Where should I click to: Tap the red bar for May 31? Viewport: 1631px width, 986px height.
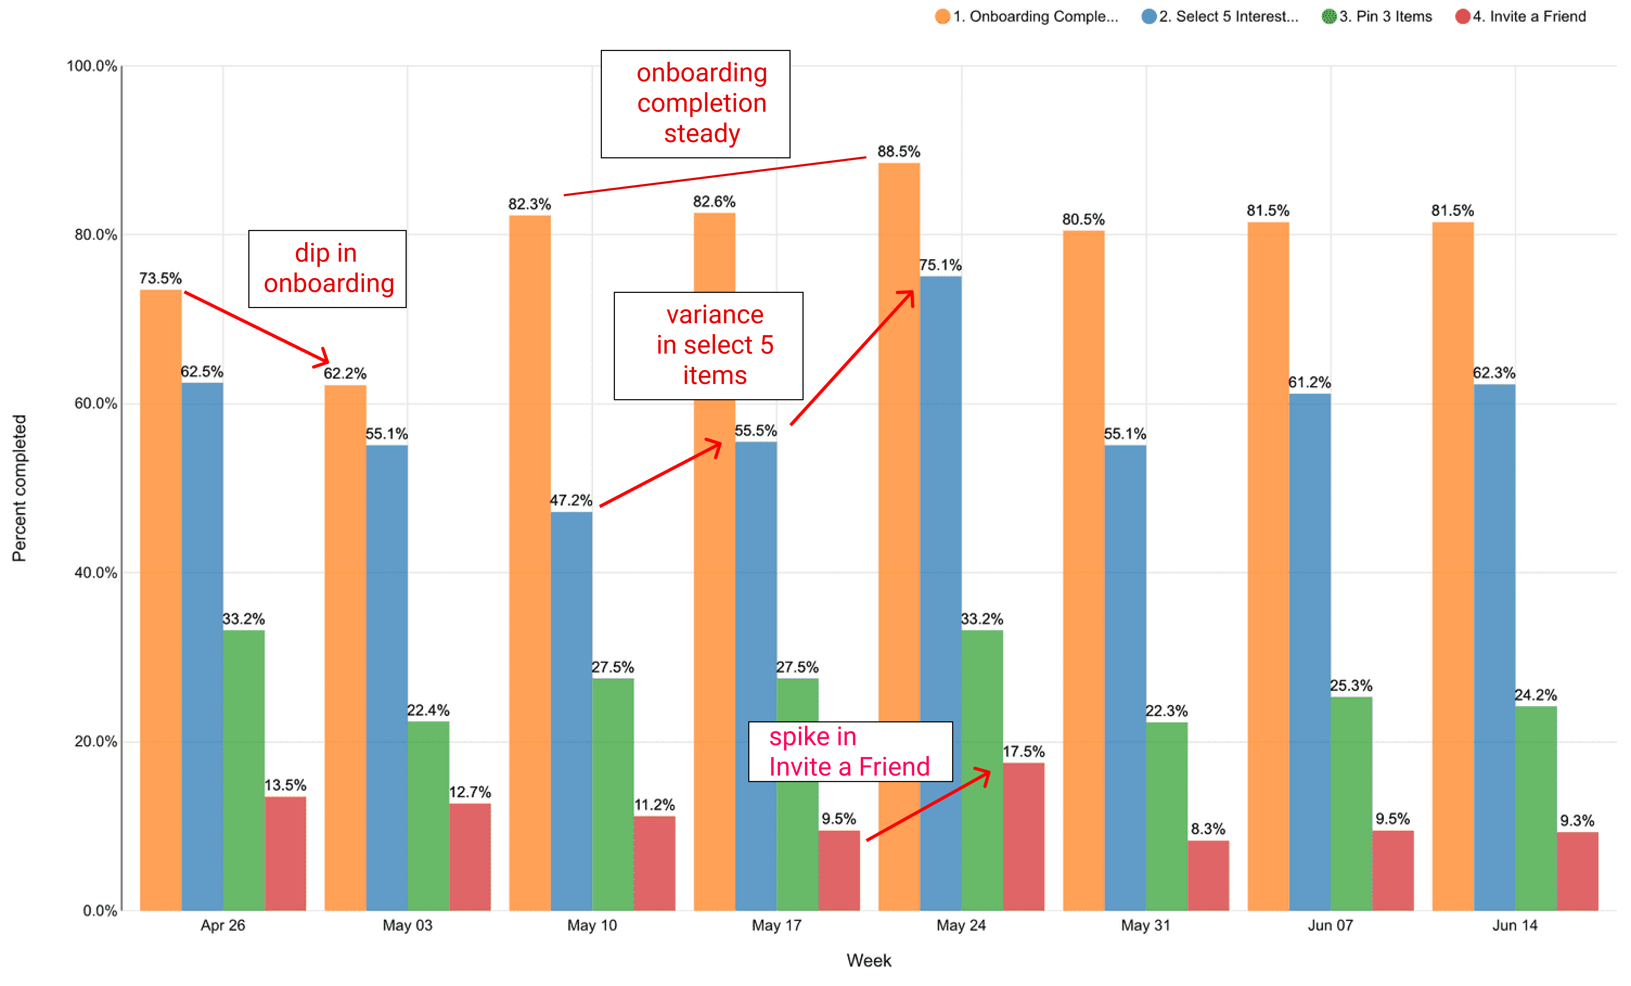(1208, 875)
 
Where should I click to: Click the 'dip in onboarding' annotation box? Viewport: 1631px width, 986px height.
(327, 269)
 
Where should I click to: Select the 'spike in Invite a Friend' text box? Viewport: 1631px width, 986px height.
(850, 752)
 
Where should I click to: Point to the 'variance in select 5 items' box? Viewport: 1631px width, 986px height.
(708, 346)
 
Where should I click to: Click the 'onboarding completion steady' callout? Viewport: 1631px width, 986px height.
(695, 104)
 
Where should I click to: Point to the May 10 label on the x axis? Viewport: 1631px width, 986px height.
(592, 925)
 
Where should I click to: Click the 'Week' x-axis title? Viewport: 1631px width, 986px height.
(868, 960)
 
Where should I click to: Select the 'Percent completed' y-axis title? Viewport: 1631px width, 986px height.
(19, 488)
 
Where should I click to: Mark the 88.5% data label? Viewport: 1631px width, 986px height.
(898, 151)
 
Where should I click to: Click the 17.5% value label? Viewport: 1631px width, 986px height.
(1023, 752)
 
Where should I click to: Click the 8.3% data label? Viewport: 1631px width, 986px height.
(1208, 829)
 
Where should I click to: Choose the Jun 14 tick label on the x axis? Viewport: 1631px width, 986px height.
(1515, 925)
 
